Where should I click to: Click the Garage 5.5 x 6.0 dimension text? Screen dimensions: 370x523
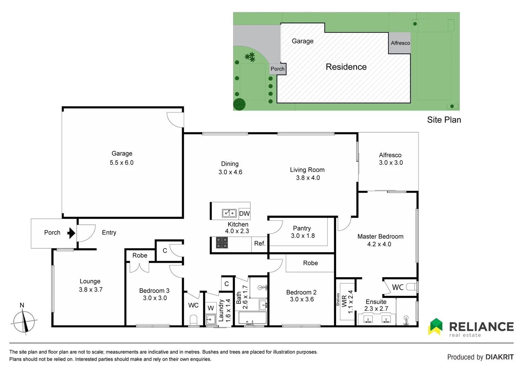[122, 163]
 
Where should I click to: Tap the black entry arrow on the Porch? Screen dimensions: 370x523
[71, 233]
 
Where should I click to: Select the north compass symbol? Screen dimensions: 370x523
[24, 321]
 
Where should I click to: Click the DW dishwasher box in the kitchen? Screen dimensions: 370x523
[244, 214]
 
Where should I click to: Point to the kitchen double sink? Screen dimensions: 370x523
[229, 213]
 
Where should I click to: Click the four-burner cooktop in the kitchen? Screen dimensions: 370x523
[222, 243]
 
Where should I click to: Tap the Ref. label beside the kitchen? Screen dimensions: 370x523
[259, 244]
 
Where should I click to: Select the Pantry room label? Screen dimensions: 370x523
[302, 228]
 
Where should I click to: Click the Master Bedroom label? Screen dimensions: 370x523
[380, 236]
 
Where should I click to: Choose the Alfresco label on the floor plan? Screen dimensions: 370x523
[390, 155]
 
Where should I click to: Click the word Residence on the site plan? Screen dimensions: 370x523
[346, 67]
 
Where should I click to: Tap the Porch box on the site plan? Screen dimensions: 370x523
[278, 69]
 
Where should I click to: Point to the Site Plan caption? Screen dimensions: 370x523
[444, 120]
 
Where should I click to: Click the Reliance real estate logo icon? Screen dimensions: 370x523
[436, 326]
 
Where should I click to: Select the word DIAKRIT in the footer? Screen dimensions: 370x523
[499, 357]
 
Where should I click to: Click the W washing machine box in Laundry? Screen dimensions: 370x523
[211, 308]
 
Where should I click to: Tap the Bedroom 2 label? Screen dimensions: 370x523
[301, 292]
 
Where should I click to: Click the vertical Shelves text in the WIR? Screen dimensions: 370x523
[338, 299]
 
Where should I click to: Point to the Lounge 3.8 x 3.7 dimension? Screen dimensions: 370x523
[91, 289]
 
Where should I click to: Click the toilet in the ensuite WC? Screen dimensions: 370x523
[411, 287]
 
